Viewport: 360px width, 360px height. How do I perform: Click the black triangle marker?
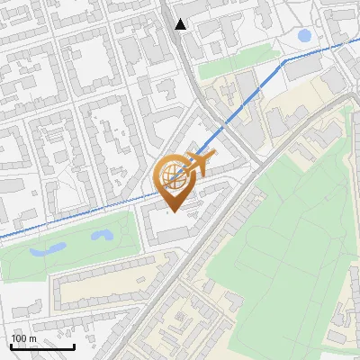181,24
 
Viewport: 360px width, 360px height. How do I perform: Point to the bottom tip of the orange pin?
171,213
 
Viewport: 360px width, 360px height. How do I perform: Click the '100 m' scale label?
24,338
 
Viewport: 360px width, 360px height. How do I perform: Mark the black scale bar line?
41,347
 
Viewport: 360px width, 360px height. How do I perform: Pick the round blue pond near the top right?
304,36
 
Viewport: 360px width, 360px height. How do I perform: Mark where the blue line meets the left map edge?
2,237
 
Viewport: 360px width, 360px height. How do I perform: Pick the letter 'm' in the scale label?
32,338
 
